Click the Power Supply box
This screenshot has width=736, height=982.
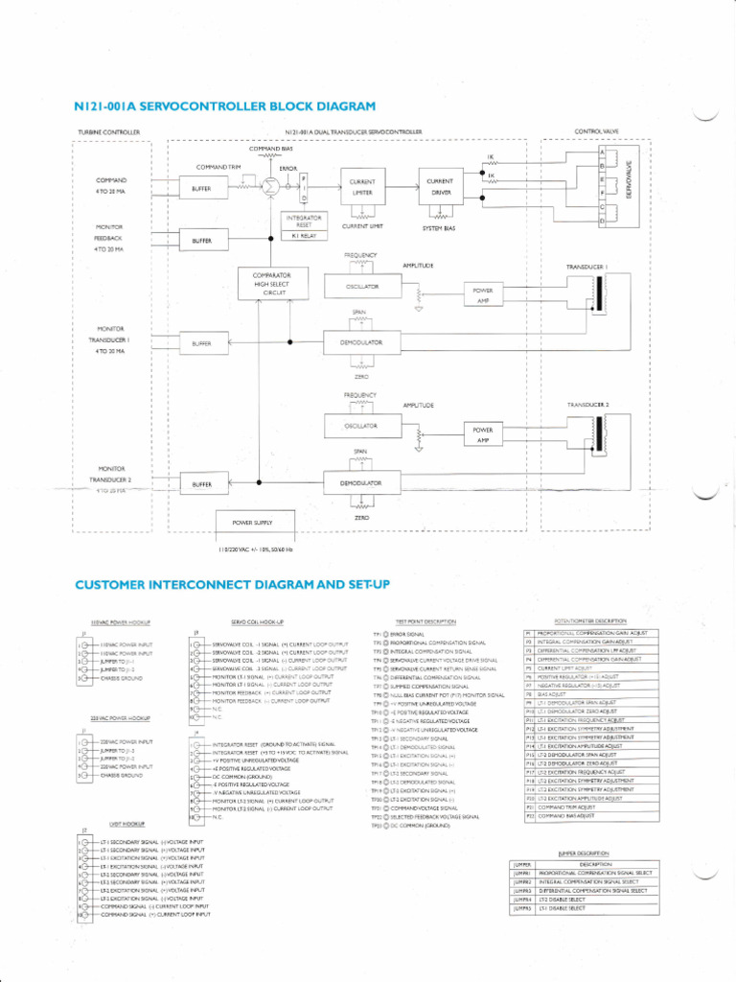point(252,523)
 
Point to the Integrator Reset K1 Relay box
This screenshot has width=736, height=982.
point(304,226)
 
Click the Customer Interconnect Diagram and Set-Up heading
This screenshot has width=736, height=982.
point(232,584)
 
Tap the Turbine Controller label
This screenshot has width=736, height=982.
point(108,132)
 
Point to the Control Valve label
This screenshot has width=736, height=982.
point(596,131)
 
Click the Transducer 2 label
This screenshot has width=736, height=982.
point(587,406)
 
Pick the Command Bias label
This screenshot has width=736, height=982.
point(270,149)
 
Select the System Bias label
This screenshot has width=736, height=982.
point(442,227)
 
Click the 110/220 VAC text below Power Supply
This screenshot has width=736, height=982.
point(255,549)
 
